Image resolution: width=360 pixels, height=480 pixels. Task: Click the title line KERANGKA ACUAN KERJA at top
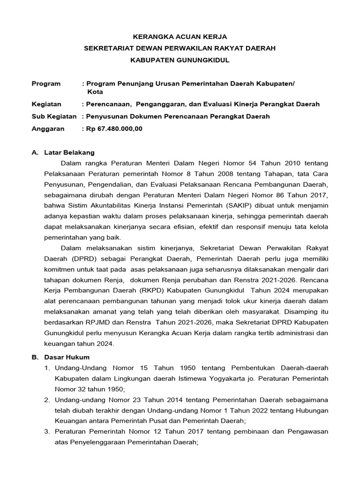tap(180, 36)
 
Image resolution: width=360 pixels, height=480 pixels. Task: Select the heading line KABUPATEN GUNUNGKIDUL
tap(180, 60)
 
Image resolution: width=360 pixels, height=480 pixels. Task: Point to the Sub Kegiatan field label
tap(54, 116)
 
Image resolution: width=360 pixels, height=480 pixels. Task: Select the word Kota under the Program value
tap(95, 92)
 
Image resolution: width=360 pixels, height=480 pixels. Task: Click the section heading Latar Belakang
tap(69, 152)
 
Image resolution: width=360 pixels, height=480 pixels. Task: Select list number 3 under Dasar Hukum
tap(47, 431)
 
